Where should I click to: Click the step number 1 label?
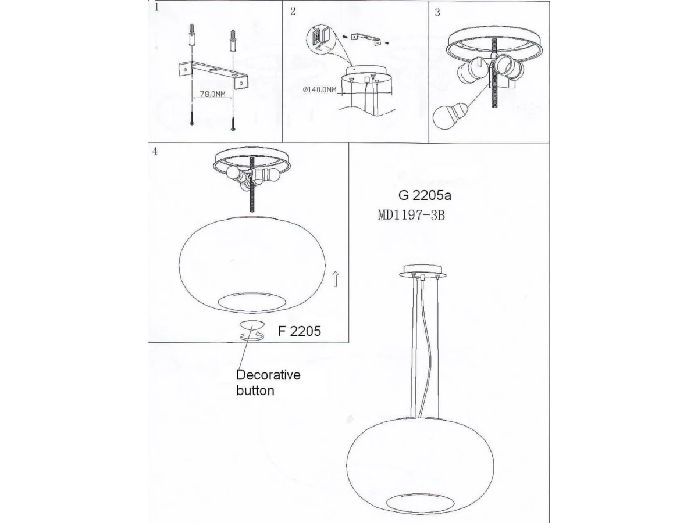pyautogui.click(x=156, y=8)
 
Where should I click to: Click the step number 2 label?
pyautogui.click(x=293, y=12)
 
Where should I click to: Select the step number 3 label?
pyautogui.click(x=437, y=13)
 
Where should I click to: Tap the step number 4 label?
pyautogui.click(x=155, y=152)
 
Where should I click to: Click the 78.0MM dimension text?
pyautogui.click(x=212, y=94)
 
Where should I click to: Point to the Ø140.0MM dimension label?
pyautogui.click(x=319, y=90)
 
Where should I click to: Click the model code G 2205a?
pyautogui.click(x=425, y=196)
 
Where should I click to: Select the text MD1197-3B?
pyautogui.click(x=411, y=216)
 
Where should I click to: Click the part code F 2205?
pyautogui.click(x=299, y=331)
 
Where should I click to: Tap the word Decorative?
pyautogui.click(x=268, y=375)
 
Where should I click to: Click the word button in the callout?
pyautogui.click(x=255, y=391)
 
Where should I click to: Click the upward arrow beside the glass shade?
pyautogui.click(x=336, y=279)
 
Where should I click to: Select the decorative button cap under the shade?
pyautogui.click(x=251, y=325)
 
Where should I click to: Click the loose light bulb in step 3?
pyautogui.click(x=449, y=116)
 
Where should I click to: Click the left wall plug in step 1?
pyautogui.click(x=192, y=35)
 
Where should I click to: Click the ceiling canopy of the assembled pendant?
pyautogui.click(x=422, y=272)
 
